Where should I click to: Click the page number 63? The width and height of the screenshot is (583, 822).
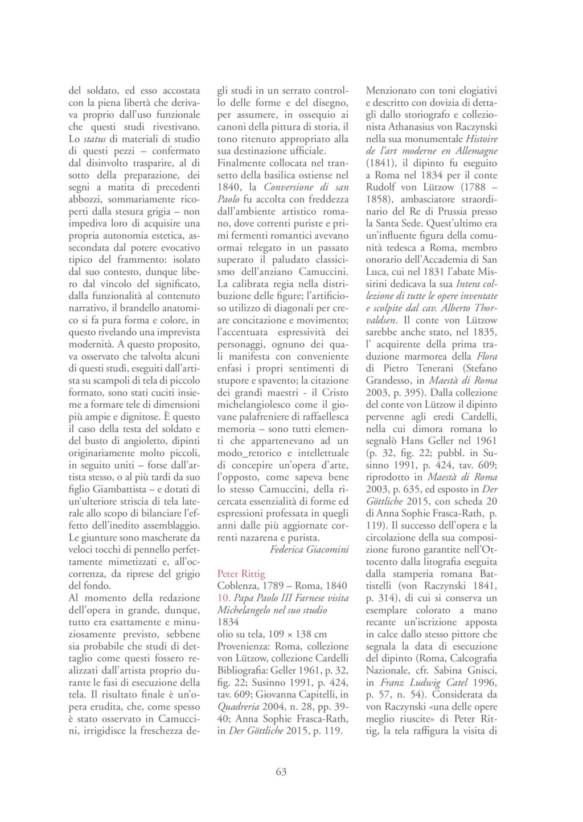[x=281, y=772]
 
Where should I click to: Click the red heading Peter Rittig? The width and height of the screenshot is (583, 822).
[x=241, y=573]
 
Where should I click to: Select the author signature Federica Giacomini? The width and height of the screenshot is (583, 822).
[x=310, y=549]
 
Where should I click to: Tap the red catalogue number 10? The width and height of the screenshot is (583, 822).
[x=224, y=598]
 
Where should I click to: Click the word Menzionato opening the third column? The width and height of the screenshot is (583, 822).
[x=393, y=90]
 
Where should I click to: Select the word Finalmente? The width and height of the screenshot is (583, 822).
[x=244, y=163]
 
